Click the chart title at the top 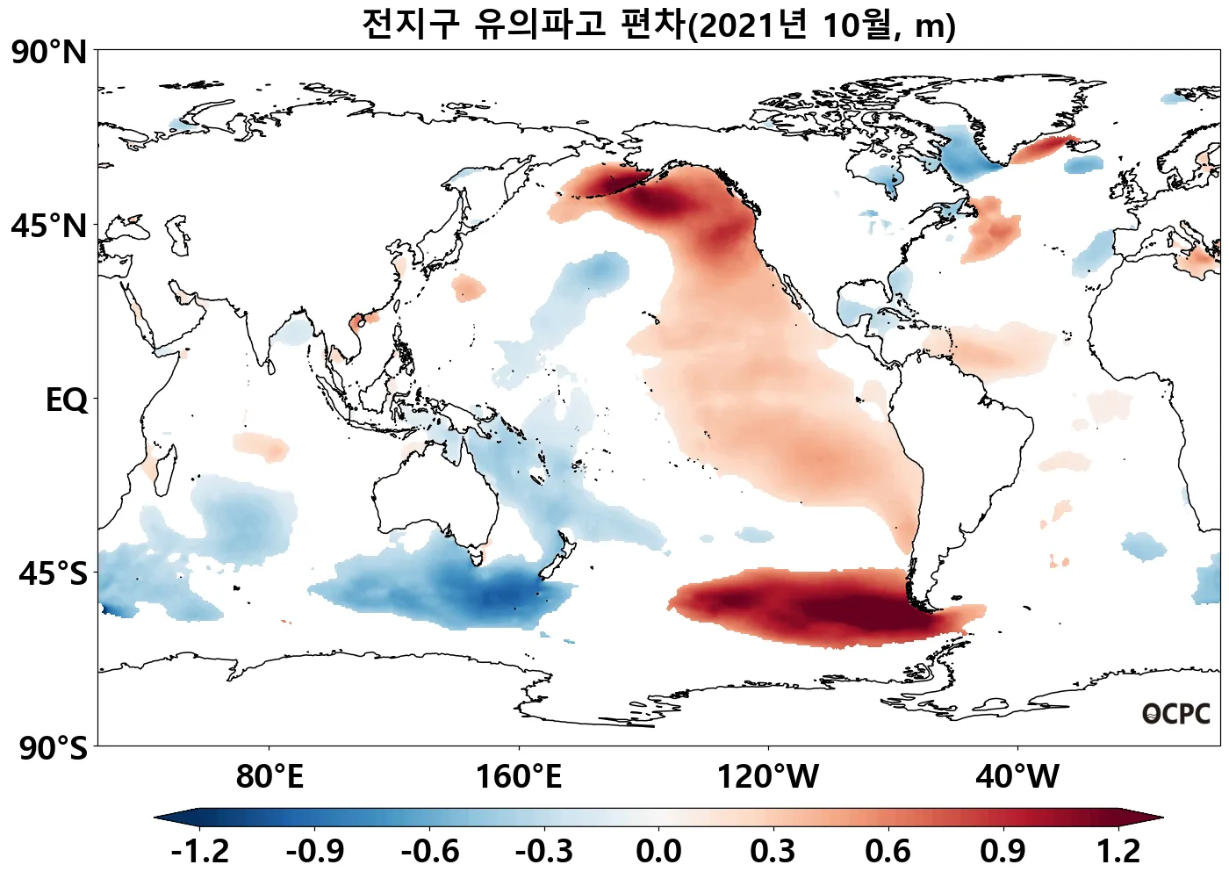(x=658, y=25)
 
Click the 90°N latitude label (x=49, y=53)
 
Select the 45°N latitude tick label (x=49, y=227)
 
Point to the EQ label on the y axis (x=67, y=400)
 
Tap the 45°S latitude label (x=53, y=574)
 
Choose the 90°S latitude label (x=53, y=748)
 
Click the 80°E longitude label (x=270, y=777)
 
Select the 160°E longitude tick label (x=518, y=777)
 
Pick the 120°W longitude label (x=768, y=777)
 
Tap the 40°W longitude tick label (x=1017, y=777)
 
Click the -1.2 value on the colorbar (x=199, y=851)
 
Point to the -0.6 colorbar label (x=429, y=851)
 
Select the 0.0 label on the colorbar (x=658, y=851)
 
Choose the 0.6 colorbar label (x=888, y=851)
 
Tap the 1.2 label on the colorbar (x=1118, y=851)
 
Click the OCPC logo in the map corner (x=1176, y=715)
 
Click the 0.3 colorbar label (x=773, y=851)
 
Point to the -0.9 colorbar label (x=314, y=851)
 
